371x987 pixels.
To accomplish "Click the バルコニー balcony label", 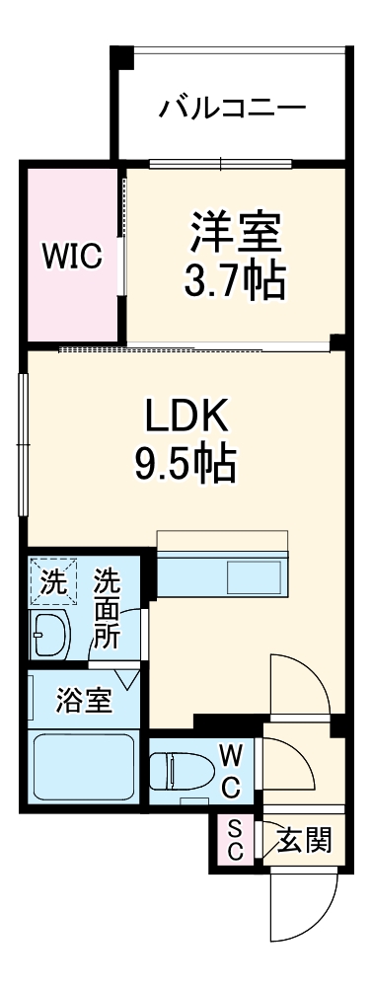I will tap(233, 107).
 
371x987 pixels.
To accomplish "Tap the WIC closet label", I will tap(72, 256).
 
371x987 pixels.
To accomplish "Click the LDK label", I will tap(186, 418).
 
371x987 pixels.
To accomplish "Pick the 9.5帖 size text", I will tap(186, 463).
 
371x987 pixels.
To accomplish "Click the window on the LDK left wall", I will tap(22, 444).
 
